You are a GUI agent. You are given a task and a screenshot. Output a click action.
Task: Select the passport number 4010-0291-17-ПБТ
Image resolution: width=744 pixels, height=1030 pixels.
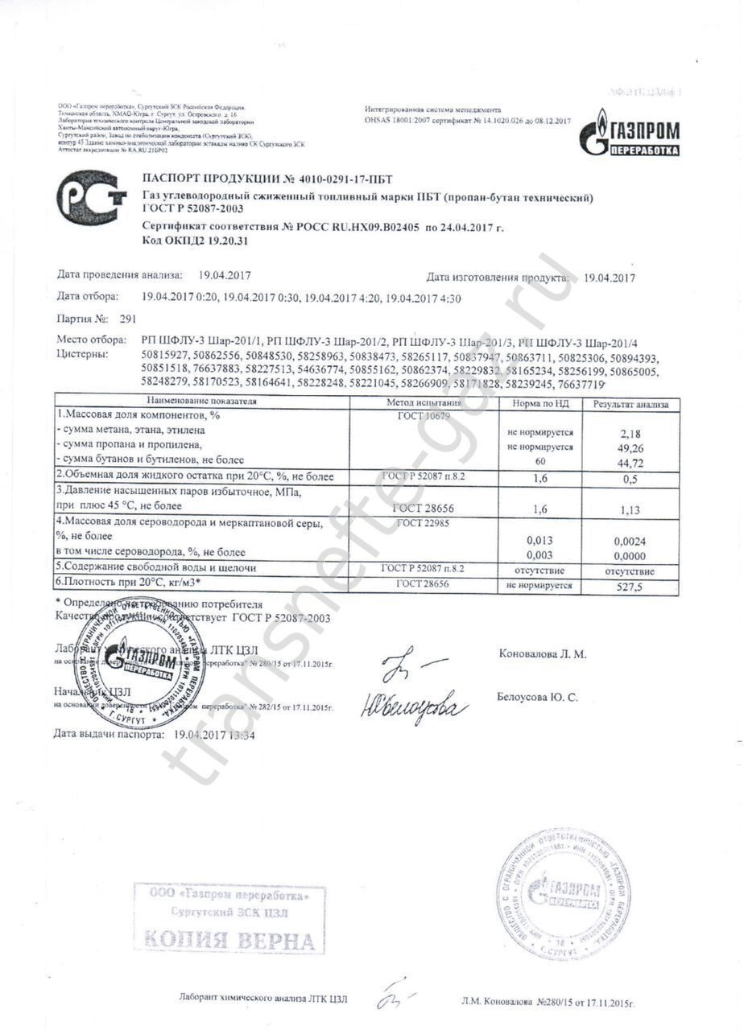(342, 179)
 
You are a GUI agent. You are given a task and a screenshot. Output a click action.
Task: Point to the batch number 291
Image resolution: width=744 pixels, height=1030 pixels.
(127, 319)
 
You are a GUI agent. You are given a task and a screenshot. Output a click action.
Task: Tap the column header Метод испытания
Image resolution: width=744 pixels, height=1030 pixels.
(424, 403)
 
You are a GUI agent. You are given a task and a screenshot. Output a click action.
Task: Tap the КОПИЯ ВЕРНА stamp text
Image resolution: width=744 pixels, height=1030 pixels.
(229, 939)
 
